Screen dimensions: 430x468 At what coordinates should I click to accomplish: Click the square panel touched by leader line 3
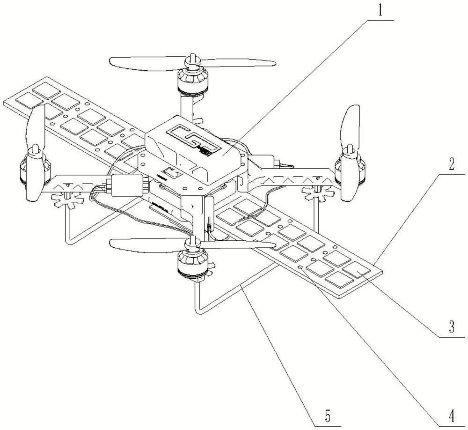coord(357,271)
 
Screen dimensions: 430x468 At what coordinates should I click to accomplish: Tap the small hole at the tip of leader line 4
coord(300,267)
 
